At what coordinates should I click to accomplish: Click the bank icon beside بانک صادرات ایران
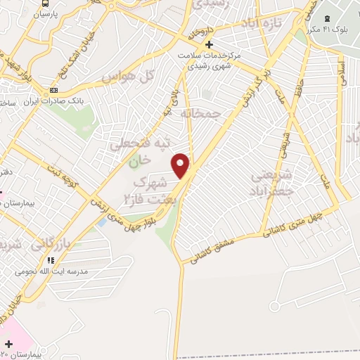click(53, 92)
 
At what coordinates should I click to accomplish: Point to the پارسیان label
click(45, 14)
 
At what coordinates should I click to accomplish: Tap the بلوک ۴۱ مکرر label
click(328, 30)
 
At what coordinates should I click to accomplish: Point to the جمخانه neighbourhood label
click(200, 112)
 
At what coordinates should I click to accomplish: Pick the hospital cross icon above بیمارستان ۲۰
click(8, 344)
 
